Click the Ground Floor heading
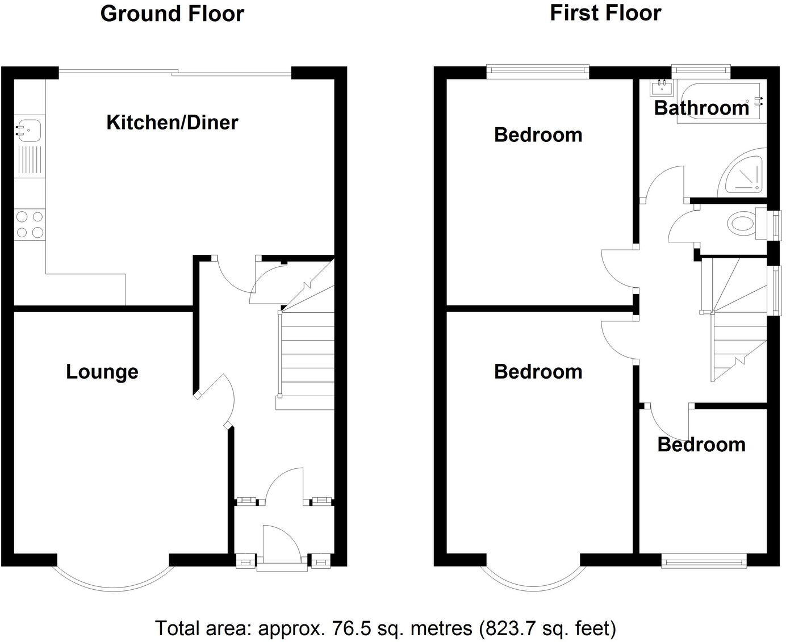point(172,14)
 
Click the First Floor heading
point(605,12)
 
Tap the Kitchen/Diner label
point(172,122)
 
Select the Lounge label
point(102,372)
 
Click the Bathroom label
point(701,108)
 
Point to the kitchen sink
point(28,131)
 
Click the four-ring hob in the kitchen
point(30,224)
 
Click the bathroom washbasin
point(662,87)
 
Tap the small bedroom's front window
point(704,561)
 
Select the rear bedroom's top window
point(538,70)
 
